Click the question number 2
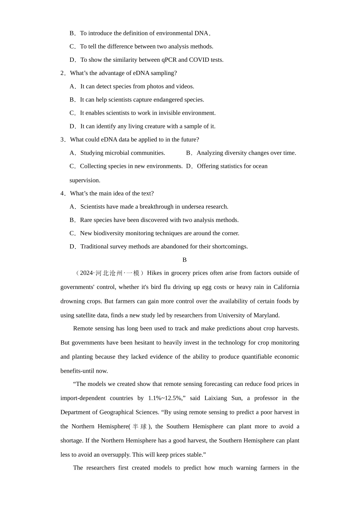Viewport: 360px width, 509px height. click(63, 73)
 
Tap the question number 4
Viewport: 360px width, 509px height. click(63, 194)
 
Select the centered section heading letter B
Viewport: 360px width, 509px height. click(185, 260)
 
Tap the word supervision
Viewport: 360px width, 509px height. click(85, 180)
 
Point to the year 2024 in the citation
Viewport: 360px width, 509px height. click(86, 273)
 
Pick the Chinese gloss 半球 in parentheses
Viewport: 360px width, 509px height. click(139, 426)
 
